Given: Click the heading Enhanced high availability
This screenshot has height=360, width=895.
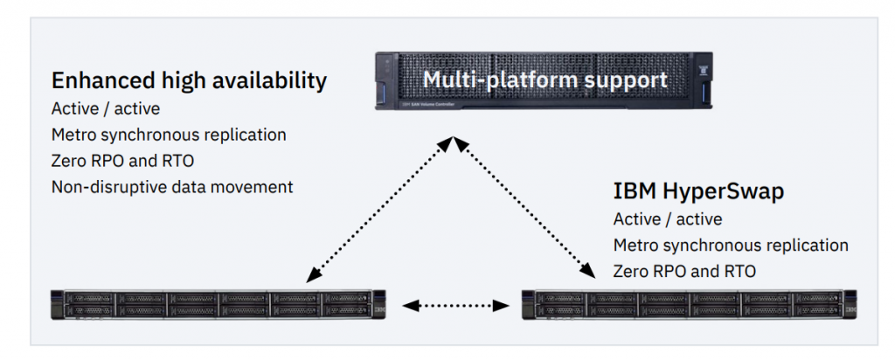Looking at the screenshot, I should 189,81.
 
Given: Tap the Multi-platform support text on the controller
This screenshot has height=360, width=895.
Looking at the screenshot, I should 545,80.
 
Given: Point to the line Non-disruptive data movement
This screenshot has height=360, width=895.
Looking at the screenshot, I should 172,186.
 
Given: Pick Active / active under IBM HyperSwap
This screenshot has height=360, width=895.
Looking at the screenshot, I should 668,219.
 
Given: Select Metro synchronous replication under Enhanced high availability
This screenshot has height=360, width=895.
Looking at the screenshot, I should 169,135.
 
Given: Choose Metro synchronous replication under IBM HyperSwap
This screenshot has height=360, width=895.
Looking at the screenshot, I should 731,246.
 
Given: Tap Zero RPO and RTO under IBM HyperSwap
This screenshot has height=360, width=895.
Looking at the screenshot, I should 683,271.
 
